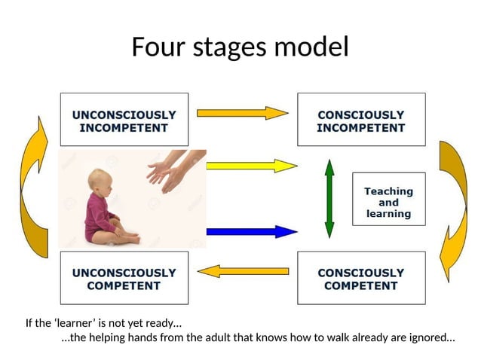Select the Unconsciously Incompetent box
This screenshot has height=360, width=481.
[124, 121]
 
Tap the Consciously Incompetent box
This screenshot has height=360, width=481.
[360, 121]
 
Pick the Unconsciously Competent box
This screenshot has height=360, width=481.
[124, 279]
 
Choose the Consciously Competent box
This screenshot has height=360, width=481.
[360, 279]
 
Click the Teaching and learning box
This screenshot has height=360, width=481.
[388, 203]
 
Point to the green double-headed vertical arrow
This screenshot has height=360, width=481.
[329, 197]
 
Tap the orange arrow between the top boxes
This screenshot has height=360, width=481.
[242, 113]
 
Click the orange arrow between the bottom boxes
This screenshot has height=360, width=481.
[244, 270]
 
